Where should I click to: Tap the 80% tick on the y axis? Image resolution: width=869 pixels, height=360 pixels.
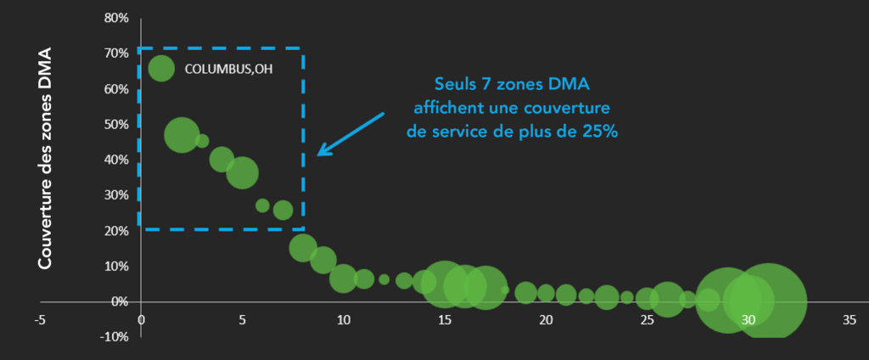[x=116, y=18]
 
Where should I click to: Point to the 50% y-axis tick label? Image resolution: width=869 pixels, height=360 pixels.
[x=116, y=124]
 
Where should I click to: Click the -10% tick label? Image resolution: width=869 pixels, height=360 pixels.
[x=114, y=337]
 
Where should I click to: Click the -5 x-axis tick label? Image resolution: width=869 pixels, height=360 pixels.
[x=39, y=320]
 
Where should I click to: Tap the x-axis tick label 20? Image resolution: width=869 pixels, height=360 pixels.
[x=546, y=320]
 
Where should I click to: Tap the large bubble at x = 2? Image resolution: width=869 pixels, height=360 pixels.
[x=182, y=135]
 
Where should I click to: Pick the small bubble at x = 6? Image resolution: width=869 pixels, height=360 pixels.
[x=262, y=205]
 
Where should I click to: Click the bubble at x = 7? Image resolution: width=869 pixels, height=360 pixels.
[x=283, y=210]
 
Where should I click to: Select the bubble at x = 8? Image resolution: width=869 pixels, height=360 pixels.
[x=303, y=247]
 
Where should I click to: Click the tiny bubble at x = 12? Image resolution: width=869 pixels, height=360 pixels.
[x=384, y=279]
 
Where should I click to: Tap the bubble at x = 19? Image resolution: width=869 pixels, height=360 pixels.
[x=525, y=292]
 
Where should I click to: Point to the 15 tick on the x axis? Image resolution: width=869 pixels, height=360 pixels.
[x=444, y=320]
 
